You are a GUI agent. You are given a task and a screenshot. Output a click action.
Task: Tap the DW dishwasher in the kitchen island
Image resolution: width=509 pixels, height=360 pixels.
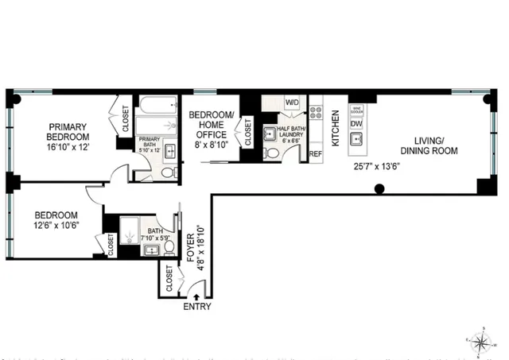(x=357, y=123)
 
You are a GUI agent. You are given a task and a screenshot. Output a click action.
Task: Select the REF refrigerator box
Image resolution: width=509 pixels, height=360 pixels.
(x=315, y=153)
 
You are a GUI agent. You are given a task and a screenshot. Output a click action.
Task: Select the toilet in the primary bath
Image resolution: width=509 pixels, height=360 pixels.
(x=169, y=172)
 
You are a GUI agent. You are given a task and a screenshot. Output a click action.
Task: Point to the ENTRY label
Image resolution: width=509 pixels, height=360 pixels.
(x=197, y=306)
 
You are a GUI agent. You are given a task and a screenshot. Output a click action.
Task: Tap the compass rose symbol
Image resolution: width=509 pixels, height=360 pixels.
(x=480, y=342)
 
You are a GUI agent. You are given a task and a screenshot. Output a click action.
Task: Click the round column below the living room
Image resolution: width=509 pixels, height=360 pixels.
(x=380, y=189)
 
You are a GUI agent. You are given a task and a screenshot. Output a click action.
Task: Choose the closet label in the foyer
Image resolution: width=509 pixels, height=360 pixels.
(x=169, y=277)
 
